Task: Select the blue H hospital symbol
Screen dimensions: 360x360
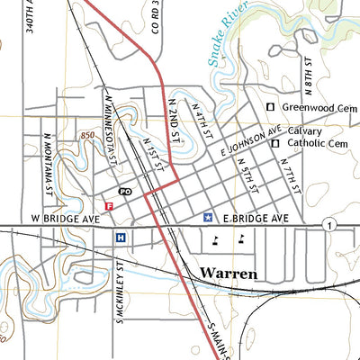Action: [x=120, y=238]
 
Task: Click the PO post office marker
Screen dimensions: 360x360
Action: [x=125, y=192]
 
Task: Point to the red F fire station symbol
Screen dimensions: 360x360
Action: [x=109, y=206]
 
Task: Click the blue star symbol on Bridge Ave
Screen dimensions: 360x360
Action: [x=208, y=218]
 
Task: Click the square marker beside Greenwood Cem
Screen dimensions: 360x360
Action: [x=269, y=108]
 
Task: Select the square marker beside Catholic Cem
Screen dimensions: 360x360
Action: [x=275, y=143]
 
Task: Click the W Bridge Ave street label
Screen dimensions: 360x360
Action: [x=61, y=218]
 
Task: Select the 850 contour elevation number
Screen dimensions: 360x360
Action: [x=87, y=134]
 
